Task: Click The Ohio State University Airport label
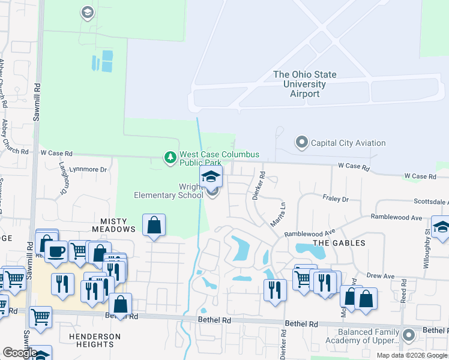point(304,84)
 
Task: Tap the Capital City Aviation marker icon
point(301,142)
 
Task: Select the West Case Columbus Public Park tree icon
point(170,158)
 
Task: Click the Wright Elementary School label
point(169,191)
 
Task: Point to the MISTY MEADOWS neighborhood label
point(114,225)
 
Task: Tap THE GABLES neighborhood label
point(339,242)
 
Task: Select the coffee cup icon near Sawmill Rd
point(56,251)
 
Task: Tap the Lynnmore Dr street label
point(88,170)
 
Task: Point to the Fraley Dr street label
point(336,199)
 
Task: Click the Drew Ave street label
point(381,276)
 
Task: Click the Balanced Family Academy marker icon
point(409,335)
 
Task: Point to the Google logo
point(19,353)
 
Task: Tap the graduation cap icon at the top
point(88,12)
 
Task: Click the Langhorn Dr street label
point(62,180)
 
